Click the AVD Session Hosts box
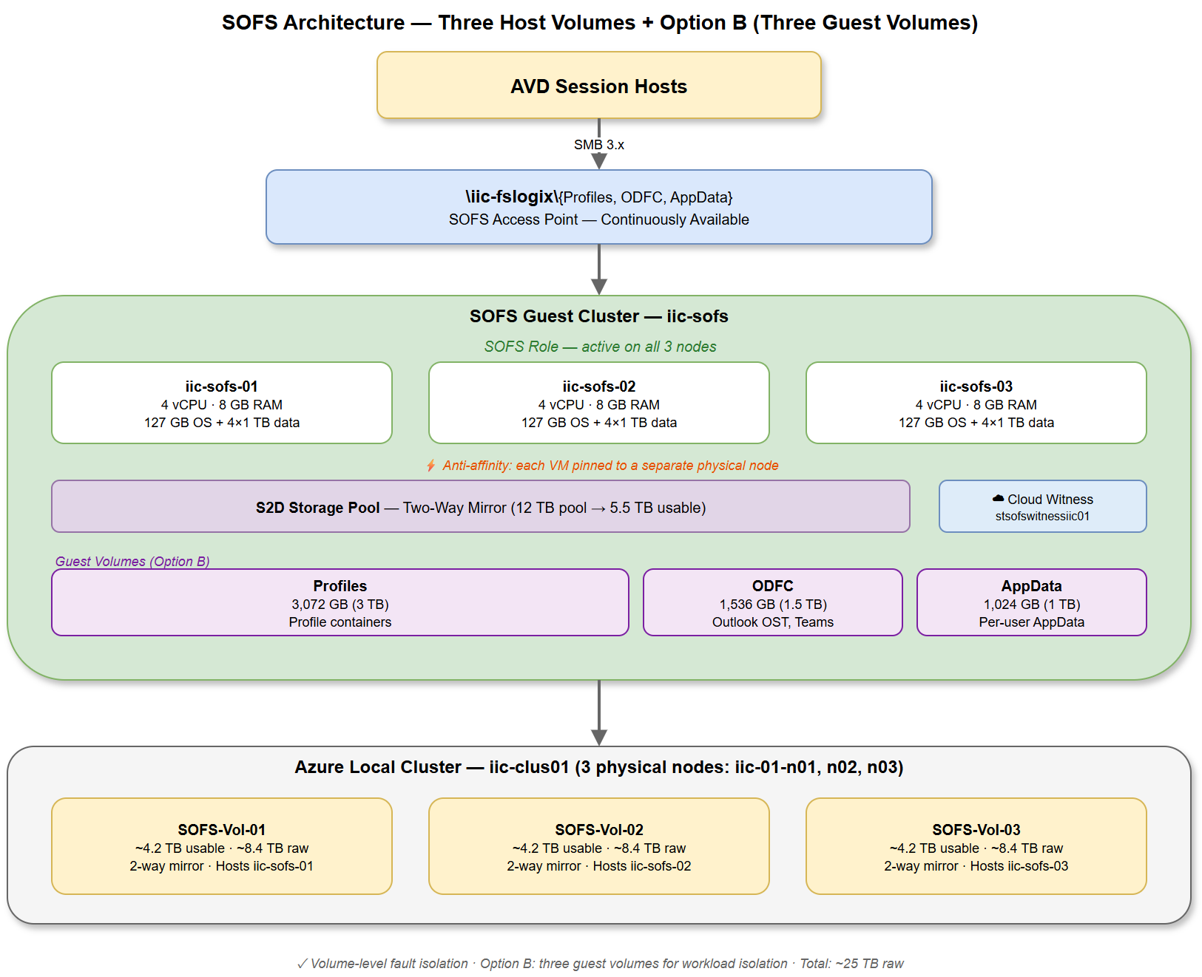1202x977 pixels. click(x=598, y=86)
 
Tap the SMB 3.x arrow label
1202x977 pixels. click(x=598, y=145)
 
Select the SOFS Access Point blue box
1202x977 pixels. click(x=598, y=208)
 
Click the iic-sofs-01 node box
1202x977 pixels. click(x=221, y=404)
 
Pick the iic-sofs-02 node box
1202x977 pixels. click(x=598, y=404)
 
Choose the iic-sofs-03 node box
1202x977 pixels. click(x=976, y=404)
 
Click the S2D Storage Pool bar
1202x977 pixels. click(x=480, y=507)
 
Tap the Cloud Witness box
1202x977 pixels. click(x=1042, y=507)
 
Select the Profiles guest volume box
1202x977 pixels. click(x=340, y=603)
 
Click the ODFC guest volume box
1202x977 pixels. click(x=772, y=603)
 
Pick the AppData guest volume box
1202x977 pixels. click(x=1031, y=603)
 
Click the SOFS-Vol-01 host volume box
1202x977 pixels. click(x=221, y=847)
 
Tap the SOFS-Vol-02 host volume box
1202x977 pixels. click(x=598, y=847)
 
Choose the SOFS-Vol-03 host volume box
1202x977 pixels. click(x=976, y=847)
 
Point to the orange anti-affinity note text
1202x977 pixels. click(x=610, y=466)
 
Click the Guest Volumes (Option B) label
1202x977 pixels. click(x=132, y=562)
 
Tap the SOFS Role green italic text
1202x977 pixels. click(x=600, y=347)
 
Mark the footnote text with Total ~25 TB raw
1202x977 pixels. click(x=600, y=964)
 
